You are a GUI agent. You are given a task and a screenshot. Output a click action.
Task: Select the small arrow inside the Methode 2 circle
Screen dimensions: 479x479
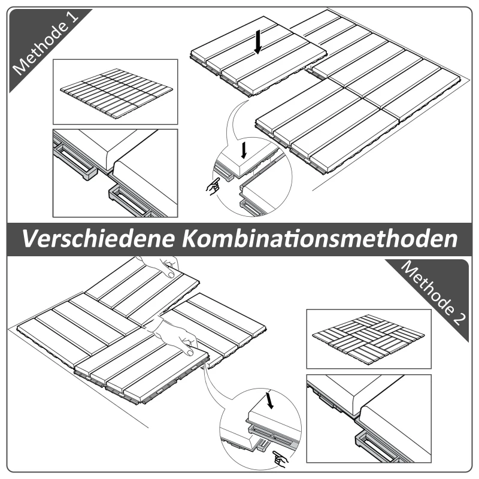[x=270, y=400]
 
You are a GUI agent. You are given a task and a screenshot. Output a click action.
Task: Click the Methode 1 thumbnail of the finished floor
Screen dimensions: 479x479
[x=116, y=91]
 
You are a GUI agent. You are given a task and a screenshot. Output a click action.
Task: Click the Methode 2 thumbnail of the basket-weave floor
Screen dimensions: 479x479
[x=368, y=338]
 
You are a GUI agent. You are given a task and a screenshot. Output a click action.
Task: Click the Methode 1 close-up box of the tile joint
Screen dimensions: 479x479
[x=116, y=173]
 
